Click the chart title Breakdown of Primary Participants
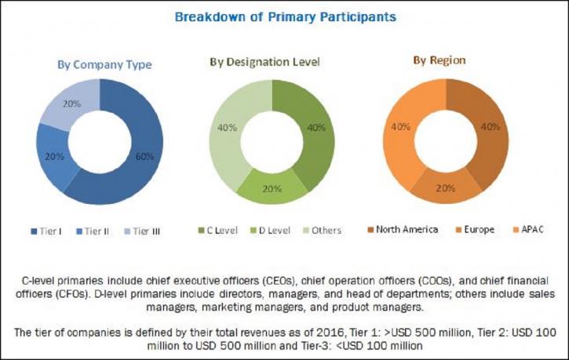[285, 17]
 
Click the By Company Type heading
[104, 65]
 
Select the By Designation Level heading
[265, 62]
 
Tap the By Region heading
[439, 60]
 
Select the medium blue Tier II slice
[54, 157]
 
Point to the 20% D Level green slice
[272, 189]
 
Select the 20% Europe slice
[446, 188]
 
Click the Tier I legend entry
[46, 231]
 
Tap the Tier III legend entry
[142, 231]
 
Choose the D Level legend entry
[270, 231]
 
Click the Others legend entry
[322, 231]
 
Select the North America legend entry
[403, 230]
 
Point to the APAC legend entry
[528, 230]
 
